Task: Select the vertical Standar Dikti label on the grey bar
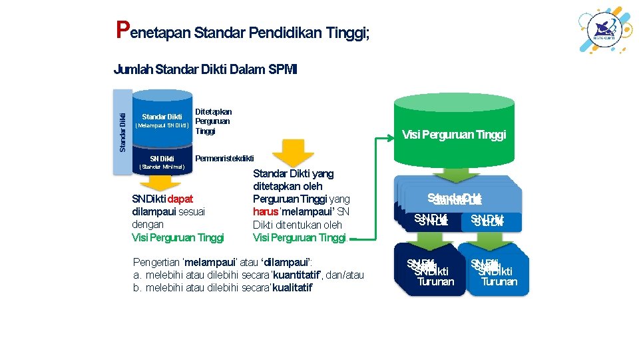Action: (123, 133)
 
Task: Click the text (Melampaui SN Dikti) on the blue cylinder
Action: (162, 125)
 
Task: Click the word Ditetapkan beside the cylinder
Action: (213, 112)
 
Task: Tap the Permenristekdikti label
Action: (224, 158)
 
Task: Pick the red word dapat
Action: (181, 199)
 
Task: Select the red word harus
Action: (266, 212)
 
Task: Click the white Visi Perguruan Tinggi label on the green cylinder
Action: (454, 135)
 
